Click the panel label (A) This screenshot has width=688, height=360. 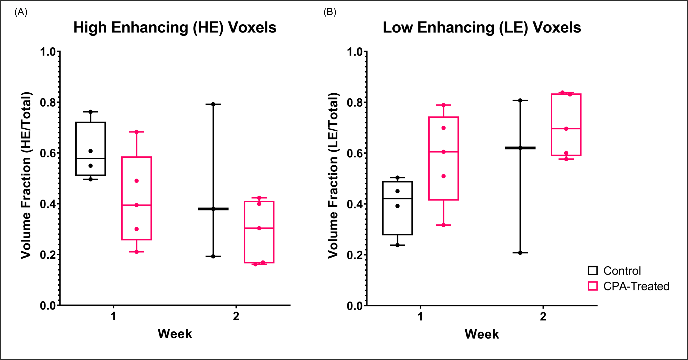click(21, 12)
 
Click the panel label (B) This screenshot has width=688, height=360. click(330, 12)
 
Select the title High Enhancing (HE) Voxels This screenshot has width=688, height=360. click(175, 28)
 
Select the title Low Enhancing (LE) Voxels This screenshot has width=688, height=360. click(482, 28)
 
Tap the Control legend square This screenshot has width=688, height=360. click(593, 271)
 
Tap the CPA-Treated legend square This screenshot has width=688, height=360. click(593, 286)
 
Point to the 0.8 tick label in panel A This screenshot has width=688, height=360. click(48, 102)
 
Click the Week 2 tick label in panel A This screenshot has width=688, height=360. click(236, 316)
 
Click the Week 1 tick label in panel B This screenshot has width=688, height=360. click(420, 316)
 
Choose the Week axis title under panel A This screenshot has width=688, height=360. click(175, 334)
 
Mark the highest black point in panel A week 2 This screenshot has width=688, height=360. click(213, 104)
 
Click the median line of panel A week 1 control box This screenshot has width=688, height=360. click(90, 158)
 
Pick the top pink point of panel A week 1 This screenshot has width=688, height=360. click(136, 132)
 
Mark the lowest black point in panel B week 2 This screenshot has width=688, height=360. click(520, 253)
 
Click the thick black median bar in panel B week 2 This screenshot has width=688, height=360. click(520, 148)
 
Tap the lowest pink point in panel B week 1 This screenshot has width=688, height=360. click(444, 225)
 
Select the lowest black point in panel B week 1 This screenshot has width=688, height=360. click(397, 245)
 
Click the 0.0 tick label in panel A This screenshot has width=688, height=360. click(48, 306)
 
